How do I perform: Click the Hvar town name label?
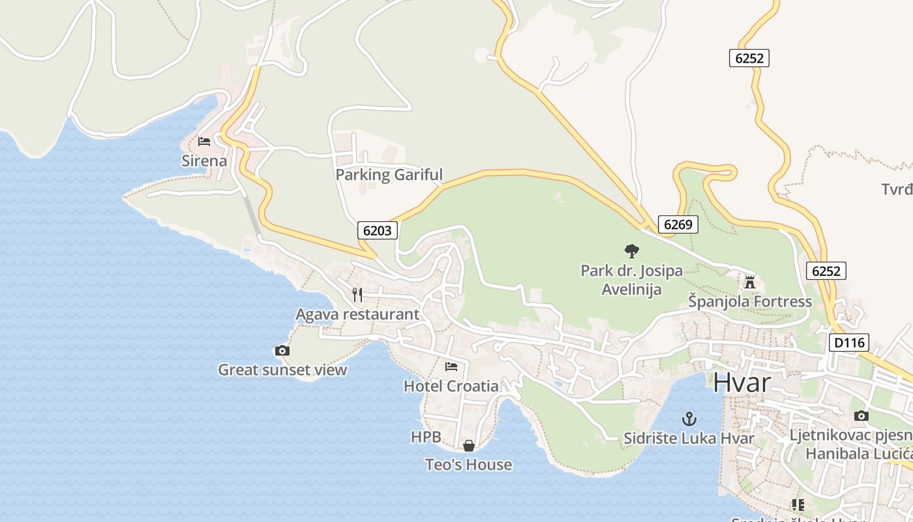point(741,383)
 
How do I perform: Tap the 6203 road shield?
point(377,230)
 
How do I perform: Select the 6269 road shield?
point(678,224)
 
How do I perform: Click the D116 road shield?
point(849,343)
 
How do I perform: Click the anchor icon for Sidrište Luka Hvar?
point(689,419)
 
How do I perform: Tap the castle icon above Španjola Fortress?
point(749,283)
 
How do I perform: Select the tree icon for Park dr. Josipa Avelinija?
point(631,251)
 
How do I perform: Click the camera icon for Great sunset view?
point(282,351)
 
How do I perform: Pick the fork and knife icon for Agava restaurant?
point(357,295)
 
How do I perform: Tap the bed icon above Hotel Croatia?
point(451,367)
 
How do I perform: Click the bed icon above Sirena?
point(204,142)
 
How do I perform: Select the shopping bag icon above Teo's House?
point(468,446)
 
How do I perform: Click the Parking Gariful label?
point(389,175)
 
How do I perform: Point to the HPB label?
point(426,437)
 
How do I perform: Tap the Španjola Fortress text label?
point(750,301)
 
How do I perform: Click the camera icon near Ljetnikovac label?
point(861,416)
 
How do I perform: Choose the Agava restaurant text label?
point(357,315)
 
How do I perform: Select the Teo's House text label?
point(468,465)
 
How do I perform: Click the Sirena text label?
point(205,161)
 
